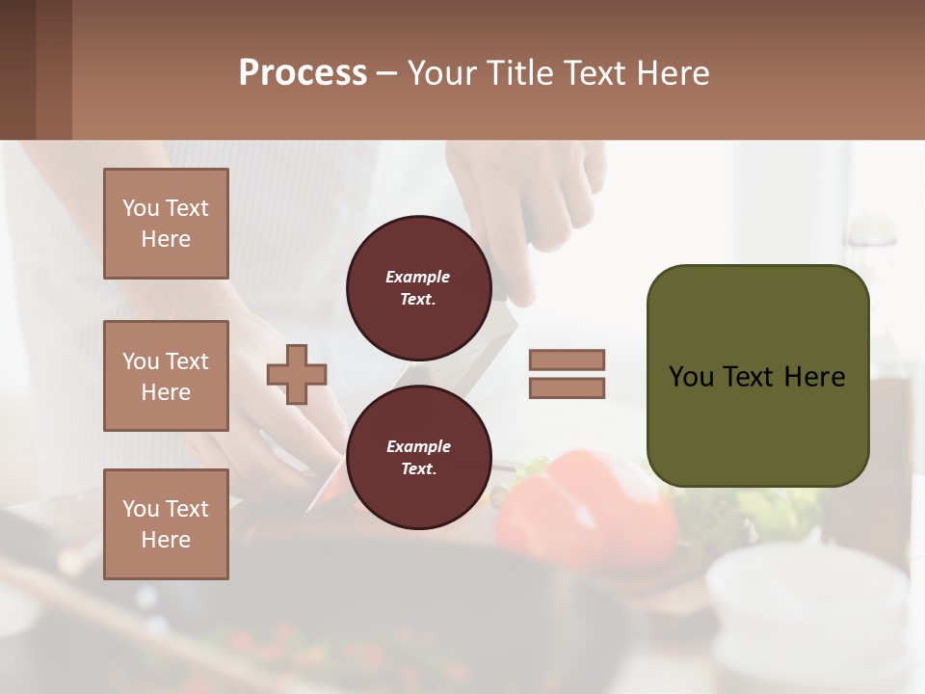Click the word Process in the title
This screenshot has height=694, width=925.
pyautogui.click(x=303, y=73)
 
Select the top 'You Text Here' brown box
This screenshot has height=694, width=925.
pyautogui.click(x=166, y=224)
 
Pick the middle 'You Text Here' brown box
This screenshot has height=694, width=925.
pyautogui.click(x=166, y=376)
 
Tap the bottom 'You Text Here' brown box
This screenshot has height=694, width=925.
pyautogui.click(x=166, y=523)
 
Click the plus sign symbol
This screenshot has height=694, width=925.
pyautogui.click(x=297, y=373)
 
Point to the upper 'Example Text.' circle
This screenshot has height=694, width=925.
pyautogui.click(x=418, y=287)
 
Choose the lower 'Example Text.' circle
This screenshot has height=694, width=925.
pyautogui.click(x=418, y=457)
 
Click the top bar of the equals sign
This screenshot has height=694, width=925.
pyautogui.click(x=567, y=360)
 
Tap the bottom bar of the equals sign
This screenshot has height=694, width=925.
pyautogui.click(x=567, y=387)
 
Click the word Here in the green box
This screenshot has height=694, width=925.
pyautogui.click(x=814, y=377)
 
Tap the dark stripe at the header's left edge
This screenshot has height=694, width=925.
pyautogui.click(x=17, y=69)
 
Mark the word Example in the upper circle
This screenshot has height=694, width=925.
pyautogui.click(x=418, y=277)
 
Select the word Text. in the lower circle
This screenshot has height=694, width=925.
pyautogui.click(x=418, y=468)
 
